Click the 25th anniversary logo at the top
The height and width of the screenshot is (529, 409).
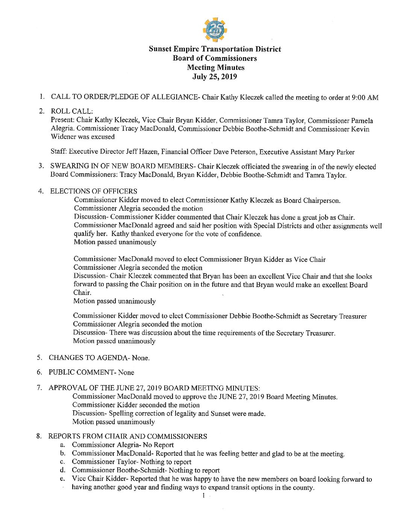(x=215, y=30)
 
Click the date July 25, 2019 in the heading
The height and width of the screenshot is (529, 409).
(x=215, y=77)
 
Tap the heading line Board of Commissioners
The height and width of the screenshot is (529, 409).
(x=215, y=58)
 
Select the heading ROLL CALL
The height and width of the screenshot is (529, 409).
(x=71, y=111)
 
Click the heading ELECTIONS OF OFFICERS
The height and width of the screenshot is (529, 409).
(x=94, y=191)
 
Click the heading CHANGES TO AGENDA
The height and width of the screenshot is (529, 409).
(x=89, y=358)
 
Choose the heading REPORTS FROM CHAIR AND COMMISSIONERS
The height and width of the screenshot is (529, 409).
(x=127, y=436)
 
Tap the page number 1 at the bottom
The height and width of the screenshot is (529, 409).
(x=203, y=496)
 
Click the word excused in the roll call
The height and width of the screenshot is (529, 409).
(x=102, y=137)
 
